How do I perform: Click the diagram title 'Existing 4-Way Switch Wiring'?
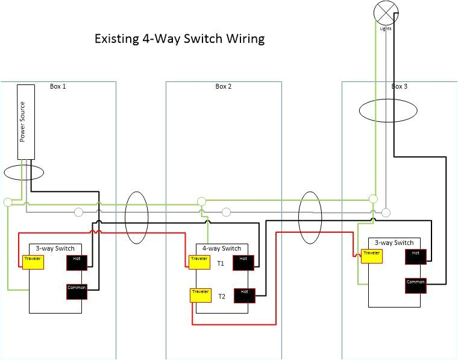[x=180, y=40]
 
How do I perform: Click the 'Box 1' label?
[x=58, y=87]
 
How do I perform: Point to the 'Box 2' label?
[x=224, y=87]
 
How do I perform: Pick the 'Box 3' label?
[x=400, y=87]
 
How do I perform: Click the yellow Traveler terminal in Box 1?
[x=33, y=261]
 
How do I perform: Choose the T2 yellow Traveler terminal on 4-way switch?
[x=200, y=295]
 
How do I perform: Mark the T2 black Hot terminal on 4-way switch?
[x=244, y=295]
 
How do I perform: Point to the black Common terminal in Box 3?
[x=416, y=285]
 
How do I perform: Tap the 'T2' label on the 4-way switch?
[x=222, y=296]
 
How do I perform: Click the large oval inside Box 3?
[x=387, y=112]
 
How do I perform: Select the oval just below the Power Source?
[x=24, y=172]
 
